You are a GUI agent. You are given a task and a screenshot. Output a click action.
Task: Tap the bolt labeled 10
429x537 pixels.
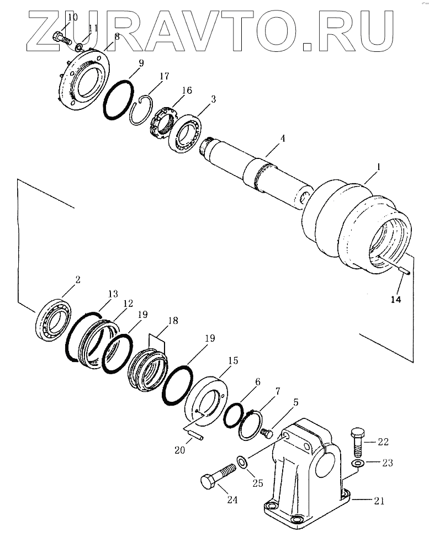coord(62,38)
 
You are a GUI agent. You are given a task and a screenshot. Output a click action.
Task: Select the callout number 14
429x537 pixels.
coord(395,299)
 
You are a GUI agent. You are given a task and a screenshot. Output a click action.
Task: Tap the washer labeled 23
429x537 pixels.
coord(357,464)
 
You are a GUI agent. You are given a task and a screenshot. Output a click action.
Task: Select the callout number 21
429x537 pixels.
coord(379,501)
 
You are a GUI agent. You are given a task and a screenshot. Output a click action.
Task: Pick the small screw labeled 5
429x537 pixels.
coord(267,433)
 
